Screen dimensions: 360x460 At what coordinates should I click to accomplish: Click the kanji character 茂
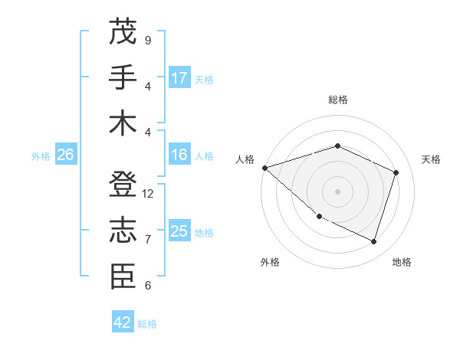pyautogui.click(x=123, y=31)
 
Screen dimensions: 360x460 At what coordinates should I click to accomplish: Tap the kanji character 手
pyautogui.click(x=123, y=77)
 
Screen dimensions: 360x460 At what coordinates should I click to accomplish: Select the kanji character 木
pyautogui.click(x=123, y=123)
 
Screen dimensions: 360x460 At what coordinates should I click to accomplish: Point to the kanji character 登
pyautogui.click(x=123, y=185)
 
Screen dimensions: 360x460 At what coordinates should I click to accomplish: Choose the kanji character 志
pyautogui.click(x=123, y=231)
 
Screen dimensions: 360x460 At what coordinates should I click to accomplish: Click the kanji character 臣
pyautogui.click(x=123, y=277)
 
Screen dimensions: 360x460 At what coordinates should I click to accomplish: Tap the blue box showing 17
pyautogui.click(x=179, y=77)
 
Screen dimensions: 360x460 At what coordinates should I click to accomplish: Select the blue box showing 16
pyautogui.click(x=179, y=155)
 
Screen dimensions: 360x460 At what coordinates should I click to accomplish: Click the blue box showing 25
pyautogui.click(x=179, y=231)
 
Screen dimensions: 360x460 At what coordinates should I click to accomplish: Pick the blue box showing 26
pyautogui.click(x=66, y=155)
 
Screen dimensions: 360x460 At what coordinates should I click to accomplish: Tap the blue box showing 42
pyautogui.click(x=123, y=322)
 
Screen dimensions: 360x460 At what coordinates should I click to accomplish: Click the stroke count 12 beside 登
pyautogui.click(x=148, y=194)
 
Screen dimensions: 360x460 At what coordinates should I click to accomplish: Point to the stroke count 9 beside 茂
pyautogui.click(x=147, y=40)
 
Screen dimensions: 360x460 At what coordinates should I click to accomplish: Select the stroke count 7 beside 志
pyautogui.click(x=147, y=240)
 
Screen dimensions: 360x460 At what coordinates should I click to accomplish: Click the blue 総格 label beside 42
pyautogui.click(x=147, y=324)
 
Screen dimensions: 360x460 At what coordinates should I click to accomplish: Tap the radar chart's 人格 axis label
pyautogui.click(x=245, y=159)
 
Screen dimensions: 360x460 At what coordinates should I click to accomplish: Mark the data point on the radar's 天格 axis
pyautogui.click(x=396, y=172)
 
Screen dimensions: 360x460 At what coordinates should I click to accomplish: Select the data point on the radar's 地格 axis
pyautogui.click(x=374, y=242)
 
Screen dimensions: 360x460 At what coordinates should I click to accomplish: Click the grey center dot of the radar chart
pyautogui.click(x=337, y=191)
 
